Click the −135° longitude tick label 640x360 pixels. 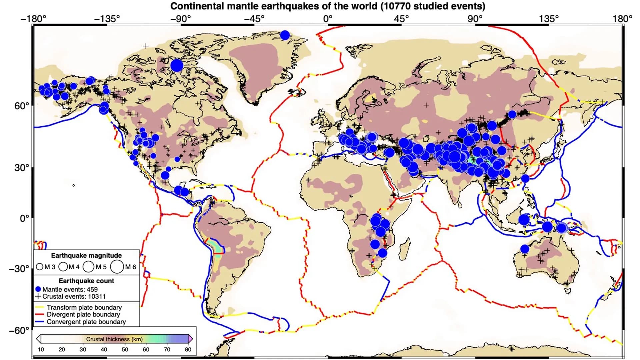[107, 19]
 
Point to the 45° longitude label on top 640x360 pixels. [401, 19]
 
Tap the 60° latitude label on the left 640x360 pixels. [22, 106]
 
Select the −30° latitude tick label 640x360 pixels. [19, 269]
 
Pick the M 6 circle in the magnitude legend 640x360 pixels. [117, 267]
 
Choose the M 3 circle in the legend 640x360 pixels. [40, 267]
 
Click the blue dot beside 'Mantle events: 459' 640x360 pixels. [38, 289]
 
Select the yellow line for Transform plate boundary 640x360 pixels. [40, 307]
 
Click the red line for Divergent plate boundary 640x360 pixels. [40, 314]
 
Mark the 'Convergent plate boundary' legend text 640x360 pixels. [86, 322]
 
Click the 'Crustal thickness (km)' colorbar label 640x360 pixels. [114, 339]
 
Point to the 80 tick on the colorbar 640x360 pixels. [188, 349]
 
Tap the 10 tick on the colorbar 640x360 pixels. [41, 349]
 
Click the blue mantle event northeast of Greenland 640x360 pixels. [285, 35]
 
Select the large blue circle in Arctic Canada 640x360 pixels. [177, 65]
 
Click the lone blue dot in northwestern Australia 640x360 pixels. [525, 249]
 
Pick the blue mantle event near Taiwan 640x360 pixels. [525, 178]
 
